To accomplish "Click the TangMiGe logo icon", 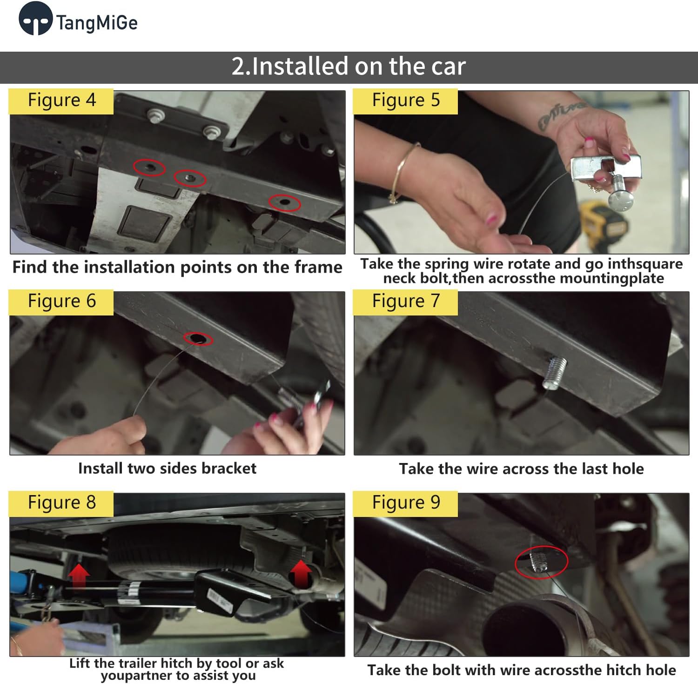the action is [35, 19].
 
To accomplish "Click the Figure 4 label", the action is [61, 101].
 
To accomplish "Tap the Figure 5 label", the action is [405, 101].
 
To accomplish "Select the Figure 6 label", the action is [61, 302].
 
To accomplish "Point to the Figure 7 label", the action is [405, 302].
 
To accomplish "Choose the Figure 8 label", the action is [61, 503].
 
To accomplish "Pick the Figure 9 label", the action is [405, 503].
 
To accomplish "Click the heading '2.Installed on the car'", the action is [349, 66].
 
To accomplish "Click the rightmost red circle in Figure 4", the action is [284, 202].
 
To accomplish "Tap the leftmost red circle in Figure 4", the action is [149, 167].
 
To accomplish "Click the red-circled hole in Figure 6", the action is [198, 339].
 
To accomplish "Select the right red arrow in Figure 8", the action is [301, 573].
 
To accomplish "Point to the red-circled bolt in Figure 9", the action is [540, 561].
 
